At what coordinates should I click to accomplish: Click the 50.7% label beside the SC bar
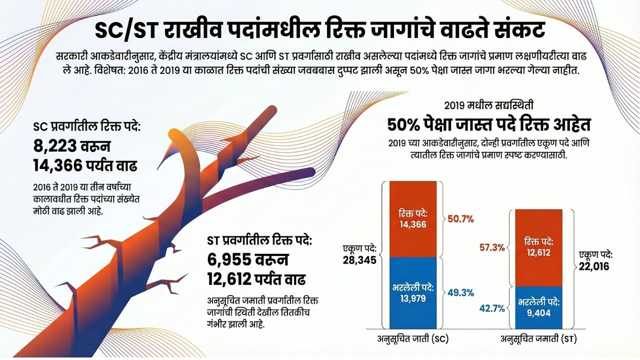[460, 219]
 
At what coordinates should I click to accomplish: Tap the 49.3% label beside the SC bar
[460, 293]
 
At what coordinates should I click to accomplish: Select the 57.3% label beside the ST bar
[492, 247]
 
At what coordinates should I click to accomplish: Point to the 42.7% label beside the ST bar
[492, 308]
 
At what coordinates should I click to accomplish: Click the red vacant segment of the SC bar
[413, 219]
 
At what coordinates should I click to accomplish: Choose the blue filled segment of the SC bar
[413, 293]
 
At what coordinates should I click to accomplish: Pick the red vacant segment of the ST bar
[538, 247]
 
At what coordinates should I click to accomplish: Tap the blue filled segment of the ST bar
[538, 307]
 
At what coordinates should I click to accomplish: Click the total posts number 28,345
[359, 260]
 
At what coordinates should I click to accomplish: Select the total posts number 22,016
[594, 266]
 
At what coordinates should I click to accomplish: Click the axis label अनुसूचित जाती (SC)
[413, 339]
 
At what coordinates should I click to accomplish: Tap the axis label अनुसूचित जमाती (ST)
[538, 339]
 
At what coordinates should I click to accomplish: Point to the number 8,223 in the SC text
[55, 146]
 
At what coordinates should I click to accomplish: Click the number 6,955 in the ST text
[229, 259]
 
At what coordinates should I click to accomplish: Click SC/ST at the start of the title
[125, 30]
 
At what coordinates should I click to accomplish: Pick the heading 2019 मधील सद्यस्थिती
[488, 105]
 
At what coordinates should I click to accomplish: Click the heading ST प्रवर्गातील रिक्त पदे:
[259, 240]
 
